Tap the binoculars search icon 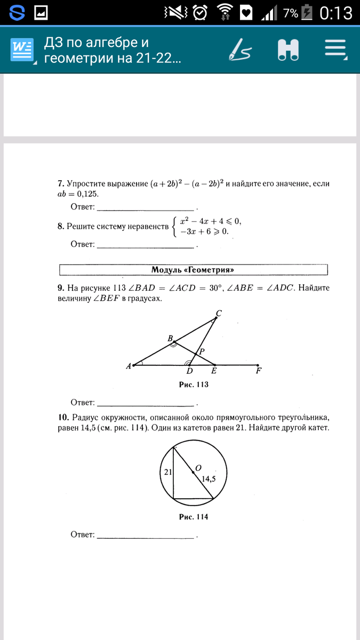289,50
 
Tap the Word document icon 22,51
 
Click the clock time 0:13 336,13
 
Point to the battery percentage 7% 291,13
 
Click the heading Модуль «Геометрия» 193,269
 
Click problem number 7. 60,183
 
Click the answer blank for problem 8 146,245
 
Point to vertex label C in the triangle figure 218,314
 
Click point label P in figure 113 202,351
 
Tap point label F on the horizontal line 259,371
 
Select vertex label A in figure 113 129,366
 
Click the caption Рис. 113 193,385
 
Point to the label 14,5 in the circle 209,478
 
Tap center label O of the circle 198,468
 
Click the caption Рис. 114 193,517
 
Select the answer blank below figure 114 146,535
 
